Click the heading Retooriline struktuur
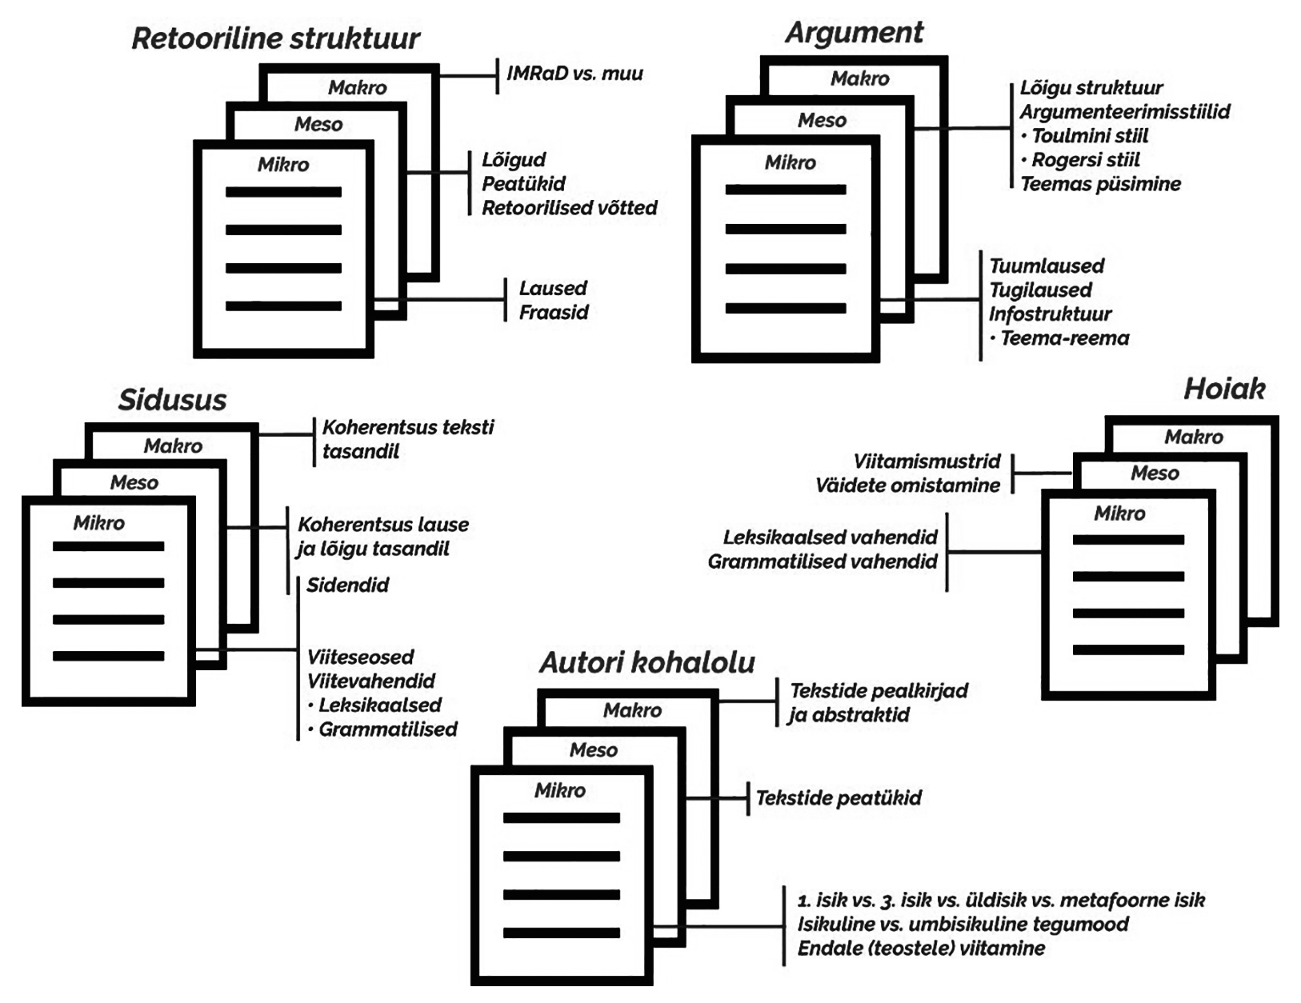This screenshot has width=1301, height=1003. [x=275, y=38]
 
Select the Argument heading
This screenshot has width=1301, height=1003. [x=854, y=33]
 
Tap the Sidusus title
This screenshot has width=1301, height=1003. [x=172, y=400]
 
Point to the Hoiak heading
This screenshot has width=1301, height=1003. [x=1223, y=390]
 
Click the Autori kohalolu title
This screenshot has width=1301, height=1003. [x=646, y=662]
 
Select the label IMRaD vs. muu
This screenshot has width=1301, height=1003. [x=574, y=74]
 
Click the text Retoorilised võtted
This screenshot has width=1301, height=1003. [x=569, y=208]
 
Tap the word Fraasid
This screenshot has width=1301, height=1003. [x=554, y=312]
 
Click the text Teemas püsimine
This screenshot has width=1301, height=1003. [x=1100, y=184]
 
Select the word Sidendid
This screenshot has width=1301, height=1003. [x=347, y=585]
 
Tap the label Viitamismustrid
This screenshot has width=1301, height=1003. [x=927, y=462]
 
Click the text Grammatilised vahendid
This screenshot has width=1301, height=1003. [x=822, y=561]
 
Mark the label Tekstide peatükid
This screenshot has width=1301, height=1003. [x=839, y=797]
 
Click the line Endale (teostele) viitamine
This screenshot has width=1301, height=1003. [x=921, y=949]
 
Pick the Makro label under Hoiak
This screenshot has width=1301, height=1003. [x=1193, y=437]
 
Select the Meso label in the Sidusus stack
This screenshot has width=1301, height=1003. [x=134, y=482]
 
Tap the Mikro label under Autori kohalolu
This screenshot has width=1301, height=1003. [x=559, y=790]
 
